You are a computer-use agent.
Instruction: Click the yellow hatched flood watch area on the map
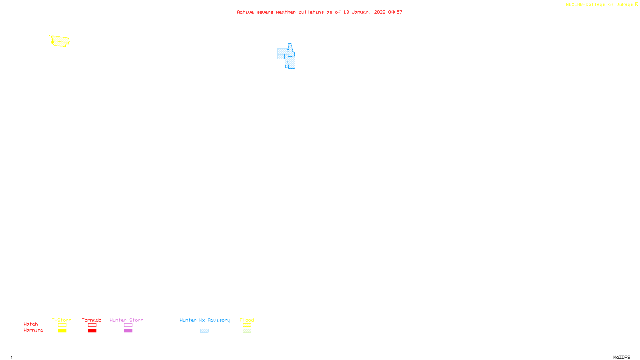tap(60, 41)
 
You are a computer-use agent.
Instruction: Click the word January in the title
tap(361, 12)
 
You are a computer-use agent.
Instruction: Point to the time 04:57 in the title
tap(395, 12)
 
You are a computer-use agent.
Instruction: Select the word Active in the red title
tap(245, 12)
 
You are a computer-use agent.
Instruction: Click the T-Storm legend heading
tap(62, 320)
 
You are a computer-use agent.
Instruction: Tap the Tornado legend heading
tap(92, 320)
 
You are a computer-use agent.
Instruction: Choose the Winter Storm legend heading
tap(126, 320)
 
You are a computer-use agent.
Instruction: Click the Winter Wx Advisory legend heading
tap(205, 320)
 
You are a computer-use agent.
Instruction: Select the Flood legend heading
tap(247, 320)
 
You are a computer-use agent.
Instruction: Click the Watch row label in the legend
tap(31, 324)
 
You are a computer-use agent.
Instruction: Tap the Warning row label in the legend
tap(33, 330)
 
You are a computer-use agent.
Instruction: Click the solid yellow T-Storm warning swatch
tap(62, 331)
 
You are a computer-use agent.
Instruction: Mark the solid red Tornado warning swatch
tap(92, 331)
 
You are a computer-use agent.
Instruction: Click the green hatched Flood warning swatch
tap(247, 331)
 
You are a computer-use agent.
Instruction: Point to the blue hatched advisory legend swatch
tap(204, 331)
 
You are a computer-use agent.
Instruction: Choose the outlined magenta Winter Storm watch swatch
tap(128, 325)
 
